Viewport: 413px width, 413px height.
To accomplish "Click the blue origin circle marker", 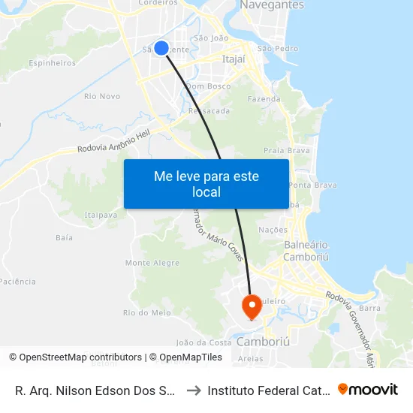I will [x=161, y=48].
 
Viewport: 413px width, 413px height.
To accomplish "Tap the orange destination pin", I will [x=250, y=306].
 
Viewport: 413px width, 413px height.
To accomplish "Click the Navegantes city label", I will [x=272, y=5].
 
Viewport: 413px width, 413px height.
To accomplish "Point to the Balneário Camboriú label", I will [x=306, y=251].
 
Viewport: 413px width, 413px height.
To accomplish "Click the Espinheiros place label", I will [x=53, y=64].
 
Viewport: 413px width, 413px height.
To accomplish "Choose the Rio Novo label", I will [x=102, y=96].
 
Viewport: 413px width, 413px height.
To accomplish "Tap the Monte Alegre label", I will [x=152, y=264].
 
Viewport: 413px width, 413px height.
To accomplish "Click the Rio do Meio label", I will [x=146, y=313].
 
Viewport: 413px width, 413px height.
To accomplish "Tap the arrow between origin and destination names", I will [x=192, y=390].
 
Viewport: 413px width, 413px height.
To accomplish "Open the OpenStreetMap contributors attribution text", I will [x=75, y=357].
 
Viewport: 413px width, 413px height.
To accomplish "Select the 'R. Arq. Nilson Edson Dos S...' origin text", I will [x=95, y=390].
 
